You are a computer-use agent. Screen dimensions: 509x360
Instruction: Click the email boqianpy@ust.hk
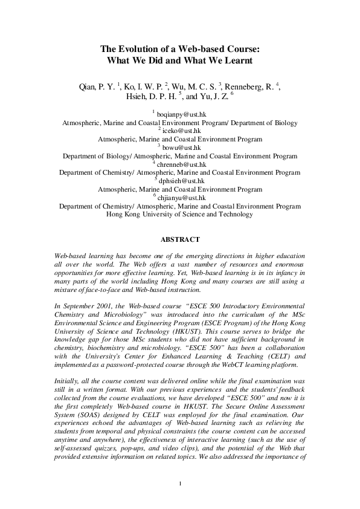pos(182,114)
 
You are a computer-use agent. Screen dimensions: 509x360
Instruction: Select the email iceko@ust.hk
pos(182,131)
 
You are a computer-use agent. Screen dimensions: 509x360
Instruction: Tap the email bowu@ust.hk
pos(181,147)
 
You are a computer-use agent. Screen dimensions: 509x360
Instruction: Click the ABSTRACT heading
pos(179,239)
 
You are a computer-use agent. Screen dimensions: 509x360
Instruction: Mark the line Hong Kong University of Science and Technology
pos(179,214)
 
